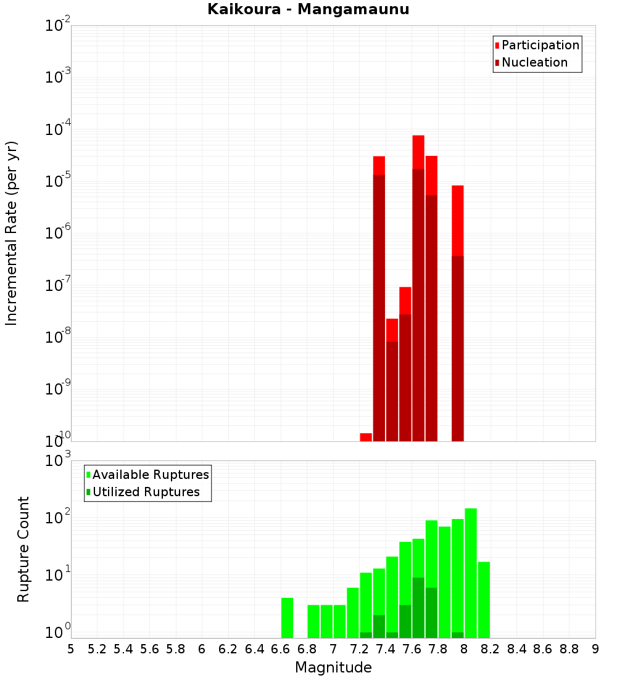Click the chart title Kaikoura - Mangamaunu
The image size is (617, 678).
[308, 10]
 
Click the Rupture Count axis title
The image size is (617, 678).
[23, 549]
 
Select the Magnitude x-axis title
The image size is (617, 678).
[333, 668]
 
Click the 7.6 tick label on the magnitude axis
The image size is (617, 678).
[412, 649]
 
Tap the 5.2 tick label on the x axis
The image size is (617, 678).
[97, 649]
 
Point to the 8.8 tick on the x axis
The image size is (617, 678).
[569, 649]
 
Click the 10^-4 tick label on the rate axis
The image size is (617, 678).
[57, 129]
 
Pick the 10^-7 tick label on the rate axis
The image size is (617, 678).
[57, 285]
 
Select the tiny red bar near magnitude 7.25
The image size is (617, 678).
[366, 437]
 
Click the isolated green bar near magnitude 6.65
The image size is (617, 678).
[287, 618]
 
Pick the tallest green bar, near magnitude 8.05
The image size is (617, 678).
[471, 573]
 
